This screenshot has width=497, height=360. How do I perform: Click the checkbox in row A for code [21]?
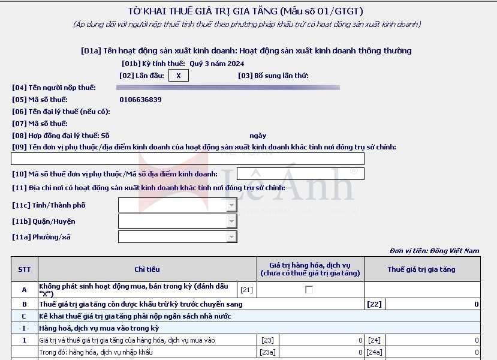coord(309,290)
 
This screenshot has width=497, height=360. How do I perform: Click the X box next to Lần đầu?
coord(179,76)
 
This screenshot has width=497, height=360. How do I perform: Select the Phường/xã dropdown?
coord(178,237)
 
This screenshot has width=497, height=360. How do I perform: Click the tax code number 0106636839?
coord(140,100)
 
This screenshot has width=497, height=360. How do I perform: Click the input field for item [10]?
coord(300,174)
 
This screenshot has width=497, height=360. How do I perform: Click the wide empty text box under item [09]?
coord(188,159)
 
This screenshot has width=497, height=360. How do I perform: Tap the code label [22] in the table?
coord(374,304)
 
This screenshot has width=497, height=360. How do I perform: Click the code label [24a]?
coord(375,352)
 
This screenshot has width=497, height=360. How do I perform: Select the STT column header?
coord(25,269)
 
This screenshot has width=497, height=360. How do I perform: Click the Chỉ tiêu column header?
coord(147,269)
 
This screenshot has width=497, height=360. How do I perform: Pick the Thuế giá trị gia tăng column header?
coord(421,269)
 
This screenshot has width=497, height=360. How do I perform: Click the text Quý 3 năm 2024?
coord(217,64)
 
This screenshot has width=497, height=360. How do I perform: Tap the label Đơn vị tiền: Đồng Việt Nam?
coord(434,251)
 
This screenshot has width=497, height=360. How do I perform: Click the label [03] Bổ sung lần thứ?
coord(273,76)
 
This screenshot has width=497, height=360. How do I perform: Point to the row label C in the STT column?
coord(25,316)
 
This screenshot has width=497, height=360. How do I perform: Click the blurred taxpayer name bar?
coord(228,88)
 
